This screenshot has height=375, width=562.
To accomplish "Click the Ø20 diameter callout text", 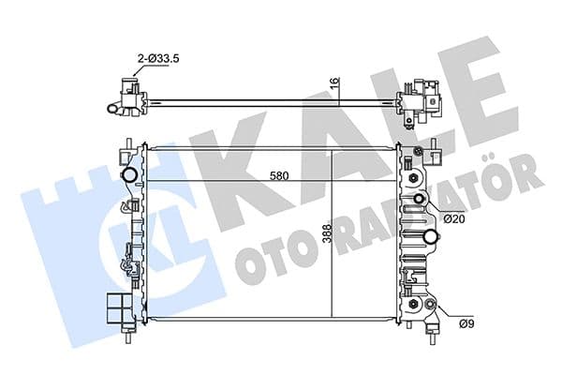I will [x=455, y=218].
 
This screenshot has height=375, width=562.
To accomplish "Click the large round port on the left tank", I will [x=128, y=174].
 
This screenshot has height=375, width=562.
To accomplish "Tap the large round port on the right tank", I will [x=432, y=235].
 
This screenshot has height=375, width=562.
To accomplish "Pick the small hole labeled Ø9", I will [x=429, y=305].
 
